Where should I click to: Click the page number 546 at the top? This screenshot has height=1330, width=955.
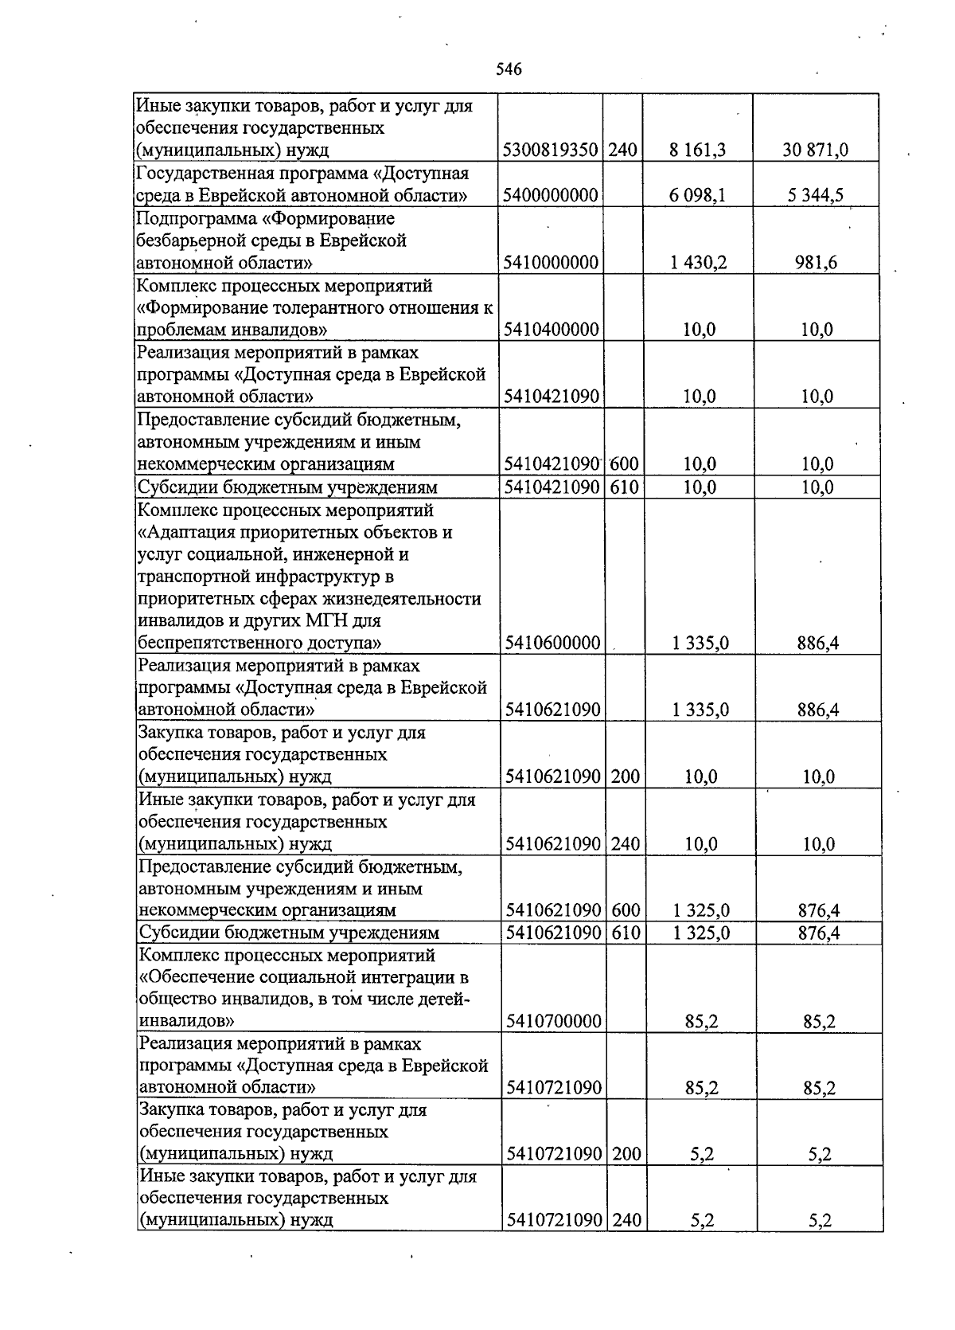509,69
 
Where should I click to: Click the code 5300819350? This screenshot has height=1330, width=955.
551,150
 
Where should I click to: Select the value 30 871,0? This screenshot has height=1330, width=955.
815,150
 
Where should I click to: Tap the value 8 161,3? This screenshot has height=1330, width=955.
698,150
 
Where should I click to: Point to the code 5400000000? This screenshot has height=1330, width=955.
551,195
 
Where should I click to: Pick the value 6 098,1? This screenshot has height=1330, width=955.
698,195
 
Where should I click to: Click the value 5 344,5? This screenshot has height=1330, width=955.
817,195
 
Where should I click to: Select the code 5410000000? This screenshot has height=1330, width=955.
551,263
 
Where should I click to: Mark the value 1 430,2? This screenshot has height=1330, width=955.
698,263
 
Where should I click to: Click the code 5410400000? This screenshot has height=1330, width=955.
551,330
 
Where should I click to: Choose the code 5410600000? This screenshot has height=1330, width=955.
552,643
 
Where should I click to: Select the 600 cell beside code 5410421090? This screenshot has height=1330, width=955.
626,464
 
